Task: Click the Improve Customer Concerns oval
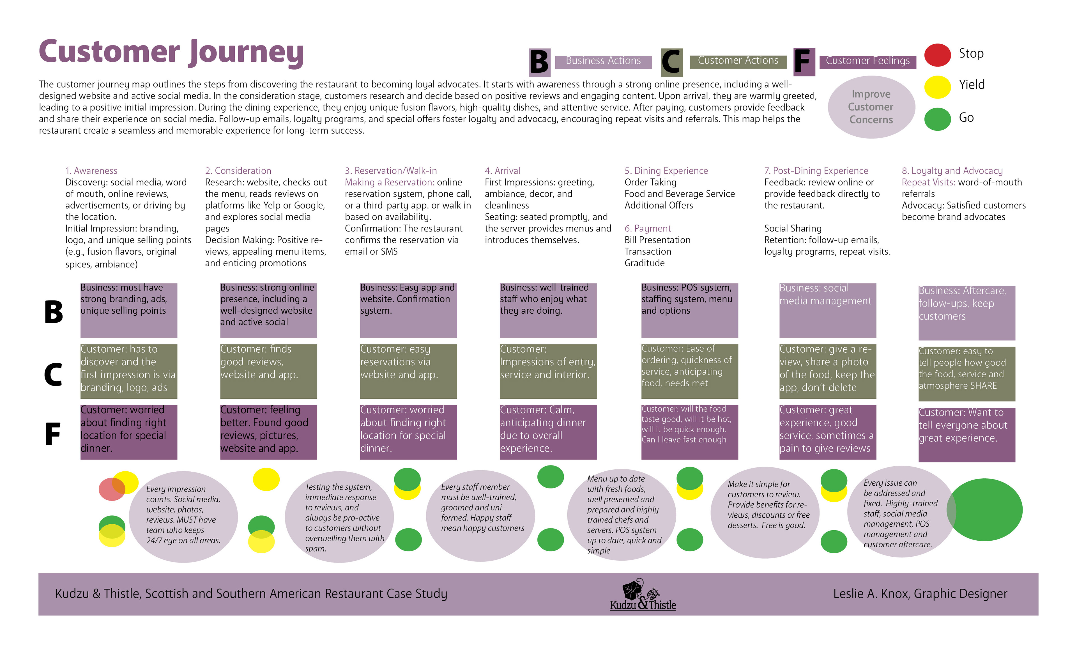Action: pos(871,107)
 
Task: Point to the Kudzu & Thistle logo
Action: pos(643,594)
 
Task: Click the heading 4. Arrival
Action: pos(502,171)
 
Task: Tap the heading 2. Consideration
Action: pos(238,171)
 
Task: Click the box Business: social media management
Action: pos(827,310)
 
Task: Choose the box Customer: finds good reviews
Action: pos(268,371)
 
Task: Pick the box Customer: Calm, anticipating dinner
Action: pos(548,432)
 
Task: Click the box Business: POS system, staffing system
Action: pos(689,310)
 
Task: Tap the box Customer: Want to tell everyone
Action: pos(967,435)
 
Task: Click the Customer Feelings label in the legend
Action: pos(868,61)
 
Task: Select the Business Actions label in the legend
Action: pos(603,61)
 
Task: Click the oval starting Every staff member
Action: pos(480,516)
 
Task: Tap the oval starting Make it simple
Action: pos(765,512)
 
